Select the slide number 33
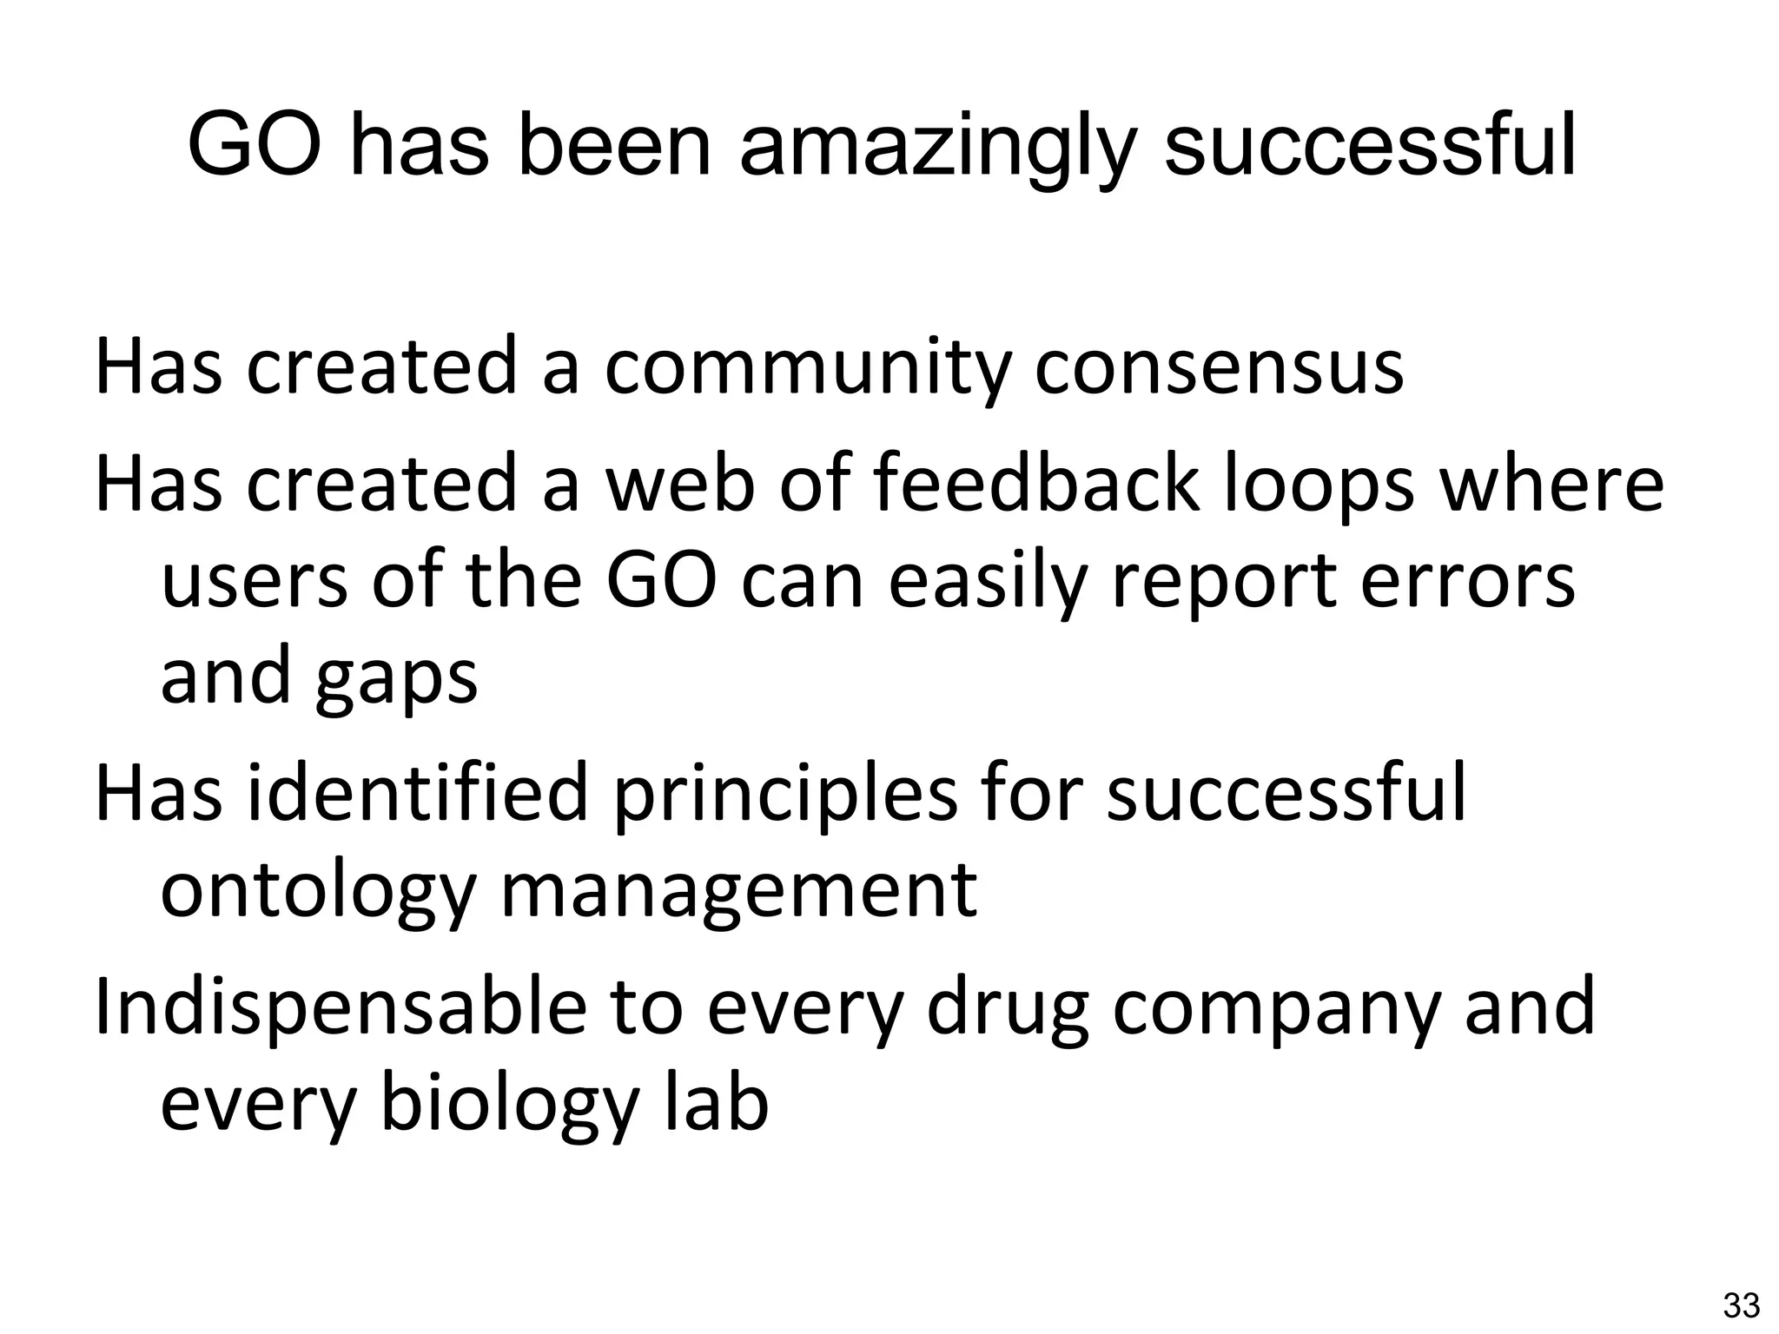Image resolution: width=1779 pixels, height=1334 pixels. (1741, 1305)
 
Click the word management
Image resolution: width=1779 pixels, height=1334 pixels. (739, 893)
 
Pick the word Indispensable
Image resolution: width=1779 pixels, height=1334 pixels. (340, 1007)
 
